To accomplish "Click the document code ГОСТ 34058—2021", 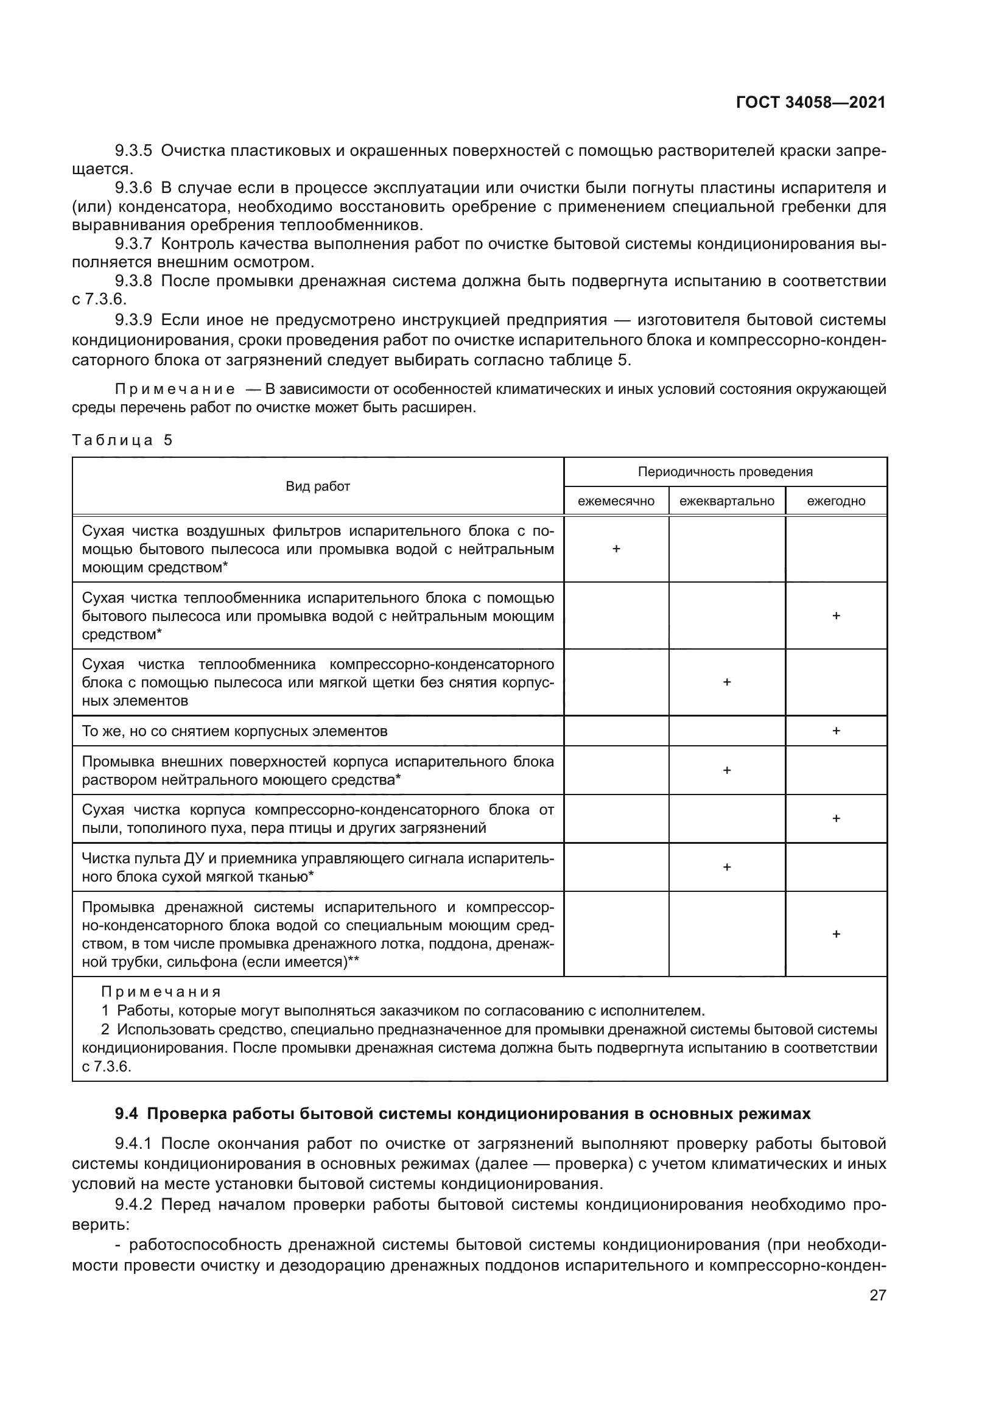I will point(810,102).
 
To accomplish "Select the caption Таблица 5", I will point(122,440).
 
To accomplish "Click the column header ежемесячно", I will point(616,501).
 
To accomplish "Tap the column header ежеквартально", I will point(727,501).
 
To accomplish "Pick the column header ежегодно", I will point(836,501).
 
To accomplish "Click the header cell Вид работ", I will point(317,487).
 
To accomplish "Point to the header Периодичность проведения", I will point(725,472).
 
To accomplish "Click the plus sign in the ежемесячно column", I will point(616,550).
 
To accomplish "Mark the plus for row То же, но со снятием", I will point(836,731).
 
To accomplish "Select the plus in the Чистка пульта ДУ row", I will point(727,867).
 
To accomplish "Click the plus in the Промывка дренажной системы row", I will point(836,934).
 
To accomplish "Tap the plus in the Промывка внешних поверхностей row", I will point(727,770).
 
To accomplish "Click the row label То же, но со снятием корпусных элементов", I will point(234,731).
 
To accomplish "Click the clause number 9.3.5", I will point(133,151).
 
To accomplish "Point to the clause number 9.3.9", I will point(133,320).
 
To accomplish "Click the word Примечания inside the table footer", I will point(161,992).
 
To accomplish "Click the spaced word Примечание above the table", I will point(175,390).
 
